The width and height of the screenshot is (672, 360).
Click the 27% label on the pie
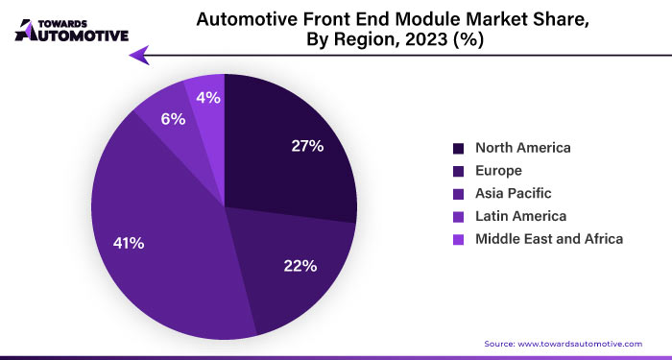(307, 146)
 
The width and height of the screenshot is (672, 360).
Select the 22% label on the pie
(300, 266)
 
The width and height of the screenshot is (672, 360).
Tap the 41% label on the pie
(129, 244)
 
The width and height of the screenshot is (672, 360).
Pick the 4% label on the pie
(208, 97)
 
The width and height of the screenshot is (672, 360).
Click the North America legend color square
(458, 148)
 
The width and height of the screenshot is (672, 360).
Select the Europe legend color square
(458, 171)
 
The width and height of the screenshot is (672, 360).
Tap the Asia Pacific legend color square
(458, 193)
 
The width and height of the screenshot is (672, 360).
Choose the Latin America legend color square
(458, 216)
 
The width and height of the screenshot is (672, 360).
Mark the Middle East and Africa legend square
(458, 238)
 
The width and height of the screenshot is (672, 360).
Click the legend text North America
(523, 148)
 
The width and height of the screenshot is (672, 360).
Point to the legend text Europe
(499, 171)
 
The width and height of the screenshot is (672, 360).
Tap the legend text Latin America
(521, 216)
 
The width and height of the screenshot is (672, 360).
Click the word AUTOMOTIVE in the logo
(79, 36)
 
